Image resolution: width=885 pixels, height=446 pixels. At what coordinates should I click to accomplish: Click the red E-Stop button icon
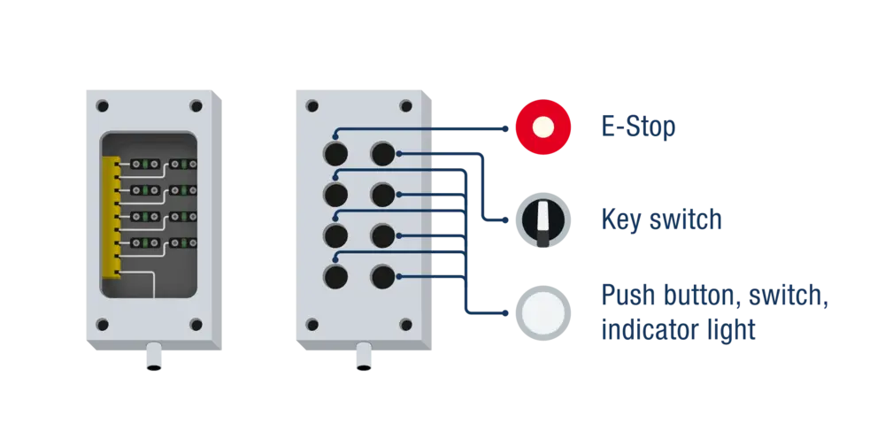pyautogui.click(x=543, y=127)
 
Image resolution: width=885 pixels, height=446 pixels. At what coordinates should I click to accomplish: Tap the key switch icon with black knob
pyautogui.click(x=541, y=221)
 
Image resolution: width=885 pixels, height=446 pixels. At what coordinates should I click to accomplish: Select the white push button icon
pyautogui.click(x=541, y=311)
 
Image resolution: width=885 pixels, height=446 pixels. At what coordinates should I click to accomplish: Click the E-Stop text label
pyautogui.click(x=639, y=128)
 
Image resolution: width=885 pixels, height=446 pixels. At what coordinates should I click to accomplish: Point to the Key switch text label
pyautogui.click(x=659, y=220)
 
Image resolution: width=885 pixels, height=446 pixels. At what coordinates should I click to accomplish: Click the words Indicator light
pyautogui.click(x=678, y=331)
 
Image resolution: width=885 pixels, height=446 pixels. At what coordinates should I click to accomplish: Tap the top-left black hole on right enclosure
pyautogui.click(x=335, y=153)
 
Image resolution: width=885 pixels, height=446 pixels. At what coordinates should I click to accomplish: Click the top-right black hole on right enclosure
pyautogui.click(x=382, y=153)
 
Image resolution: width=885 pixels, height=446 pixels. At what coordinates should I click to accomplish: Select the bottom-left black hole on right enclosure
pyautogui.click(x=335, y=277)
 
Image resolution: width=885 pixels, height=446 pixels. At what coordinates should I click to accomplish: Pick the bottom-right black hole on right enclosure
pyautogui.click(x=382, y=277)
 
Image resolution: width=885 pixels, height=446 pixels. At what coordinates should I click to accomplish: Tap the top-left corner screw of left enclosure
pyautogui.click(x=103, y=105)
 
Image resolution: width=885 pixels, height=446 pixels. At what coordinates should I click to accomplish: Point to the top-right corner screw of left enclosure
pyautogui.click(x=196, y=105)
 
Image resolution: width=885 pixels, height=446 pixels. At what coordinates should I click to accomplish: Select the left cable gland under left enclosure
pyautogui.click(x=153, y=358)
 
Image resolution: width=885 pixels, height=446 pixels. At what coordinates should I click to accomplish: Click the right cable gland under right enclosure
pyautogui.click(x=363, y=358)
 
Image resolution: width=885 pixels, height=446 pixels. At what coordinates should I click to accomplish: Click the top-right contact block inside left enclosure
pyautogui.click(x=183, y=164)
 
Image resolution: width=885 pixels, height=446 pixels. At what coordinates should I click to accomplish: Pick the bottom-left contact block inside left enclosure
pyautogui.click(x=145, y=242)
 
